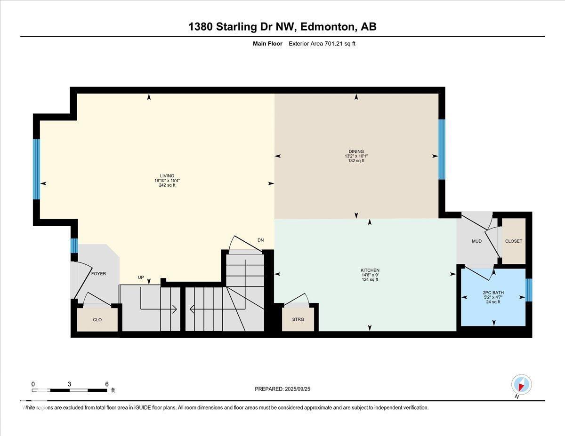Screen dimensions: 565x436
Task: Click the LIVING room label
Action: [x=167, y=176]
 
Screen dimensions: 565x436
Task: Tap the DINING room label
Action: [x=356, y=151]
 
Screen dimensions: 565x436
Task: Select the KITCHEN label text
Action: [x=370, y=270]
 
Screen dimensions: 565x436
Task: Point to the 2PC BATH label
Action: [x=493, y=293]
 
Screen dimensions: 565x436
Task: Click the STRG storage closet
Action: [x=298, y=319]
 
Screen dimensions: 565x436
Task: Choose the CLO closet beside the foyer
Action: [x=97, y=320]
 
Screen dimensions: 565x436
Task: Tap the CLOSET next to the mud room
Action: [x=514, y=241]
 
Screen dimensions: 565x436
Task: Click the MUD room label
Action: [x=476, y=241]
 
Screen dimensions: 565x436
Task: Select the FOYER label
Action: [x=98, y=274]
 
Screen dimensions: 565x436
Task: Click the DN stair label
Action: [x=260, y=240]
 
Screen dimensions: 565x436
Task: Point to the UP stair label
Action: [x=141, y=277]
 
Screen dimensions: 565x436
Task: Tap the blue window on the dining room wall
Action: [x=442, y=149]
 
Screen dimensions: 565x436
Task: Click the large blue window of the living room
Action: [x=37, y=169]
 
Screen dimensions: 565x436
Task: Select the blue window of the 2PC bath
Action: [x=529, y=290]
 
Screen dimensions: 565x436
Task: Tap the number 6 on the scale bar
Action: [x=106, y=384]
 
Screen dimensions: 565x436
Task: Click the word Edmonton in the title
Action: [x=328, y=27]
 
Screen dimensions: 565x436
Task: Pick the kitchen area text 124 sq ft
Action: [x=370, y=279]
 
